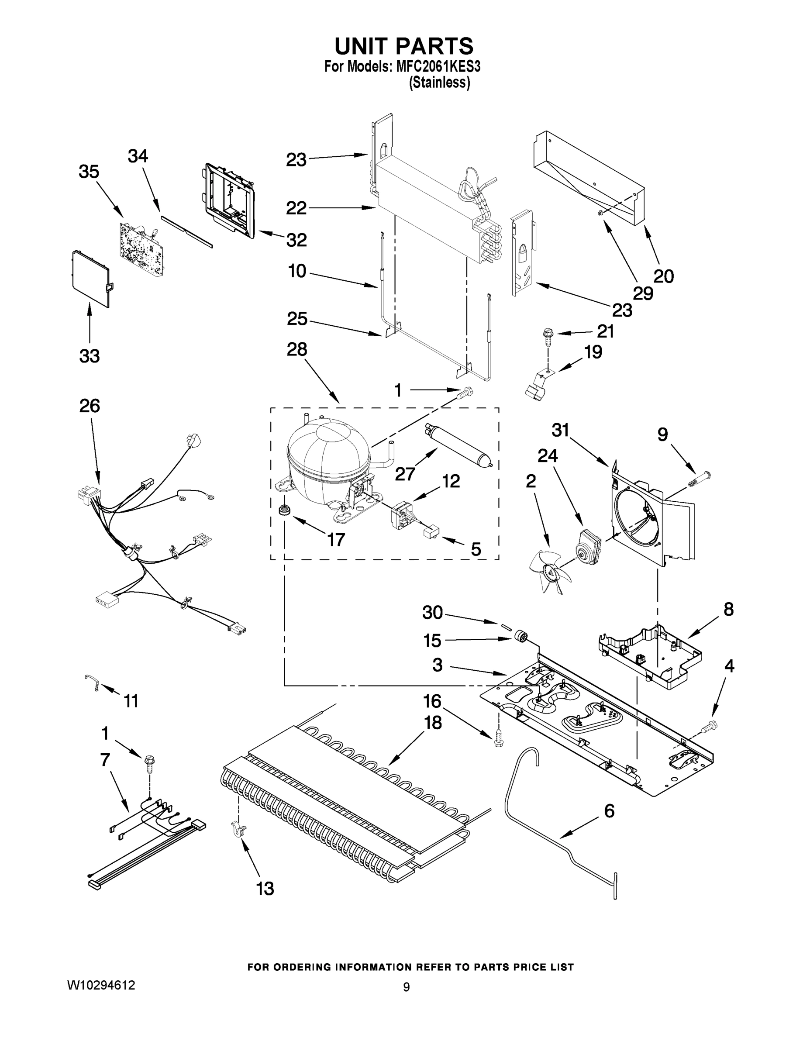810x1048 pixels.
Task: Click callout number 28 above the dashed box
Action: tap(296, 349)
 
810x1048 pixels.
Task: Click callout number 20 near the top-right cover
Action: tap(664, 276)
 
